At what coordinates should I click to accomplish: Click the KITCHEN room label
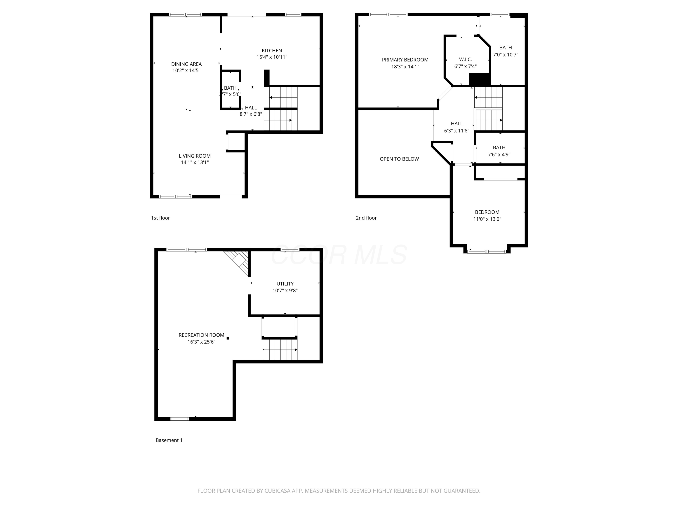(x=272, y=51)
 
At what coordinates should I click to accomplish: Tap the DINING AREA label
(x=186, y=64)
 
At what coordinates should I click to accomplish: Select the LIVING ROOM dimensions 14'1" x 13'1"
(x=195, y=162)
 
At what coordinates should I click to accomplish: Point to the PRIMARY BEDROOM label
(x=405, y=60)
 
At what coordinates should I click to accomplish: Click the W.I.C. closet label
(x=465, y=59)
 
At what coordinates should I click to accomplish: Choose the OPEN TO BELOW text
(x=399, y=159)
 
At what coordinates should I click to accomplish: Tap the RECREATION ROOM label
(x=201, y=335)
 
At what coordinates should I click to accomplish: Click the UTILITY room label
(x=285, y=284)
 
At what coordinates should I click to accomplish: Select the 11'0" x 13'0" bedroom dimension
(x=487, y=219)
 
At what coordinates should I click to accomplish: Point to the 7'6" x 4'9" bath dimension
(x=499, y=155)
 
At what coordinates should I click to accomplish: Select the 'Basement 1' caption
(x=169, y=440)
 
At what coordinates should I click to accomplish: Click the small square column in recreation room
(x=228, y=338)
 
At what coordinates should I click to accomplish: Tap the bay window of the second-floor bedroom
(x=487, y=251)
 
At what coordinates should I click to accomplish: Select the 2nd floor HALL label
(x=456, y=124)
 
